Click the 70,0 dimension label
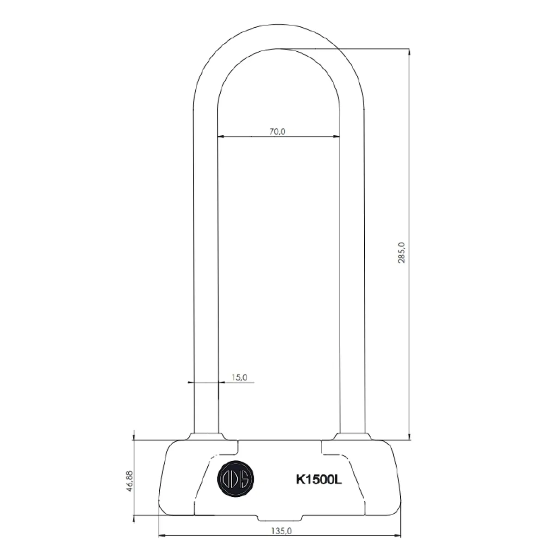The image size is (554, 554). coord(277,131)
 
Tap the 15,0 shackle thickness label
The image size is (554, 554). coord(239,377)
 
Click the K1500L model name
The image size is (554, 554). coord(319,480)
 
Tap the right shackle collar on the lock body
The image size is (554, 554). coord(353,436)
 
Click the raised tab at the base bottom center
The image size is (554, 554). coord(279,518)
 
